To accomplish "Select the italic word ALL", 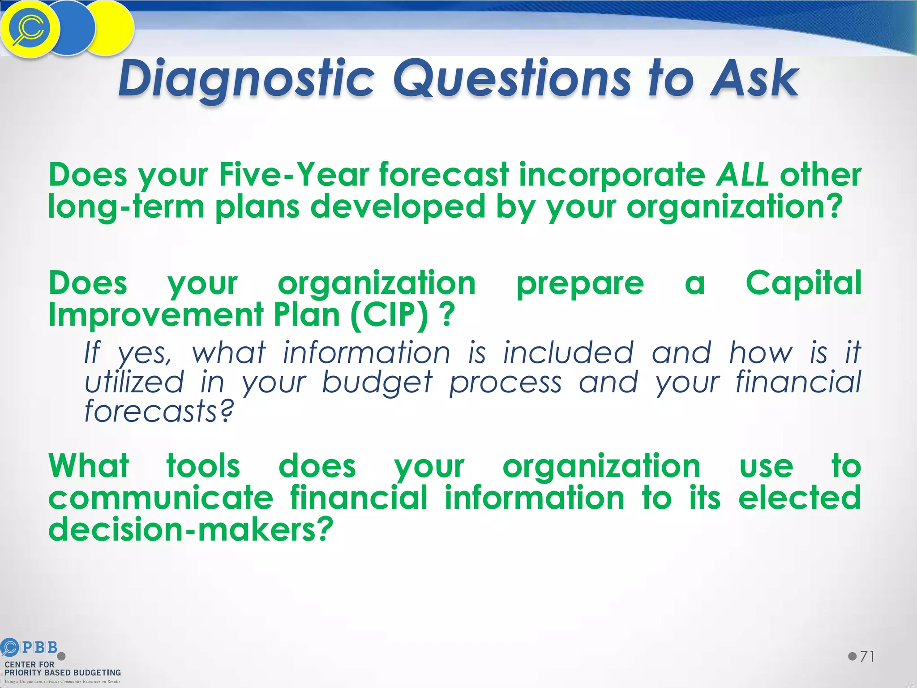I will pos(742,175).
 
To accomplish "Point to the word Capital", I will pos(803,283).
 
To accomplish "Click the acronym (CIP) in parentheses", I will pos(389,314).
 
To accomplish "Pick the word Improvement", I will pos(156,314).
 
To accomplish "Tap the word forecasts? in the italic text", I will pos(159,411).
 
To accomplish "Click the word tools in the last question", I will pos(203,466).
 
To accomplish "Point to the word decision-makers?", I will pos(191,529).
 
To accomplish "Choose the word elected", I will pos(800,498).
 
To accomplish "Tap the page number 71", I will pos(867,657).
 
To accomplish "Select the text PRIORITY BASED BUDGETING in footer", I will pos(63,673).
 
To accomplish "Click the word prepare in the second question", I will pos(580,284).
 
